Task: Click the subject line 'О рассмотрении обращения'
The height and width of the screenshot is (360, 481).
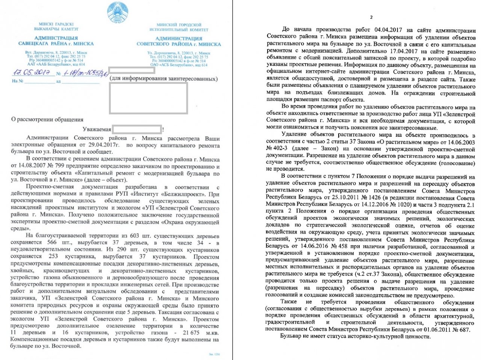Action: [47, 119]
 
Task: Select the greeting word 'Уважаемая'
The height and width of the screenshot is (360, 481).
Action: [97, 129]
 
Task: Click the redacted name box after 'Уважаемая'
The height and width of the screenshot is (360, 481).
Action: [137, 129]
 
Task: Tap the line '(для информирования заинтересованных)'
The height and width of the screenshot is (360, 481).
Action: [163, 79]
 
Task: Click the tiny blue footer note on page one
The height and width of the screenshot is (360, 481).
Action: [214, 354]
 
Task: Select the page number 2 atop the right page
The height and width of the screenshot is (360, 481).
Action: [371, 17]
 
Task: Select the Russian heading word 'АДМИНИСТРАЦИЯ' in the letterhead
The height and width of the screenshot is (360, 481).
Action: [178, 38]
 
